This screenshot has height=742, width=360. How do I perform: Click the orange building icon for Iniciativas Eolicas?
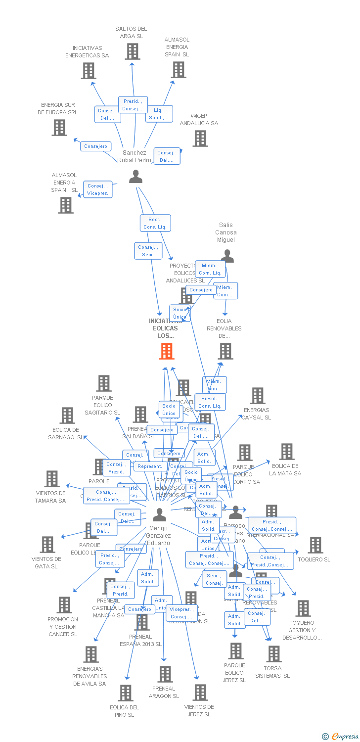point(167,351)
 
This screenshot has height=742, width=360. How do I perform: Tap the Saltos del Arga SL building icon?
point(132,51)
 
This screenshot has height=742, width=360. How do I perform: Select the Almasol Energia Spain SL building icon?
point(179,70)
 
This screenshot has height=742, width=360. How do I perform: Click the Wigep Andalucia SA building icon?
point(200,139)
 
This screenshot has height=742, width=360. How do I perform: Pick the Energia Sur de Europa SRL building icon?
point(59,128)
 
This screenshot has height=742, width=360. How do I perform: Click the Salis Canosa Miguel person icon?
point(227,256)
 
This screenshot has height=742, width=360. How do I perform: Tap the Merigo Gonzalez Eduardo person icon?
point(159,515)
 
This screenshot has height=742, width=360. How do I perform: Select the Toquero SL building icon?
point(315,545)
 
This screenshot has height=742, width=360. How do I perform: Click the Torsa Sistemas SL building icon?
point(273,654)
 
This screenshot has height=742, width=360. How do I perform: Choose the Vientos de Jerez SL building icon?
point(200,693)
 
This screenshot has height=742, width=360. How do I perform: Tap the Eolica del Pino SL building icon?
point(126,693)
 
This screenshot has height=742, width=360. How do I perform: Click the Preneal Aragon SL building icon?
point(165,674)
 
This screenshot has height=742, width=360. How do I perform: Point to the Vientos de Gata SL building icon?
point(47,545)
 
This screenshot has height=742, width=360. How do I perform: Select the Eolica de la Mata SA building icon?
point(286,452)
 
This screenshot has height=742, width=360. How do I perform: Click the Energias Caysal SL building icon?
point(257,396)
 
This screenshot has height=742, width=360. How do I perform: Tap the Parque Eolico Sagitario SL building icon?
point(103,383)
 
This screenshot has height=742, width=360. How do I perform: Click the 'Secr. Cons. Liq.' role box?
point(156,223)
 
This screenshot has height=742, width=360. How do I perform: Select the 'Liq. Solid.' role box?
point(159,114)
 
